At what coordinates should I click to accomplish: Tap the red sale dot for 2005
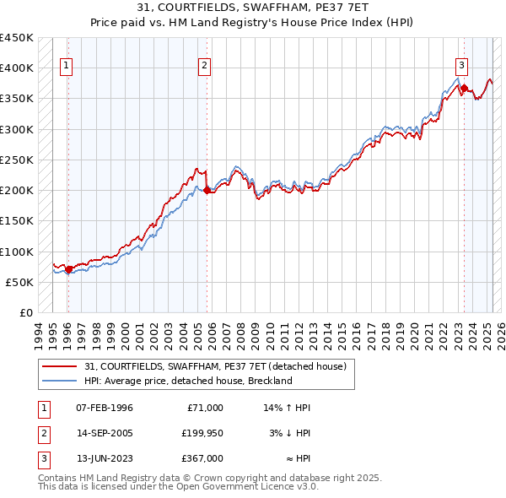207,191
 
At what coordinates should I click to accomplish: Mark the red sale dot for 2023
464,89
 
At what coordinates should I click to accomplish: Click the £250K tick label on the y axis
17,160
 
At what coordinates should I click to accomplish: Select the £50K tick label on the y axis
20,282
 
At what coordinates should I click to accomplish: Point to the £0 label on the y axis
26,312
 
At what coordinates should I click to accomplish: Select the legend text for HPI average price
187,381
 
